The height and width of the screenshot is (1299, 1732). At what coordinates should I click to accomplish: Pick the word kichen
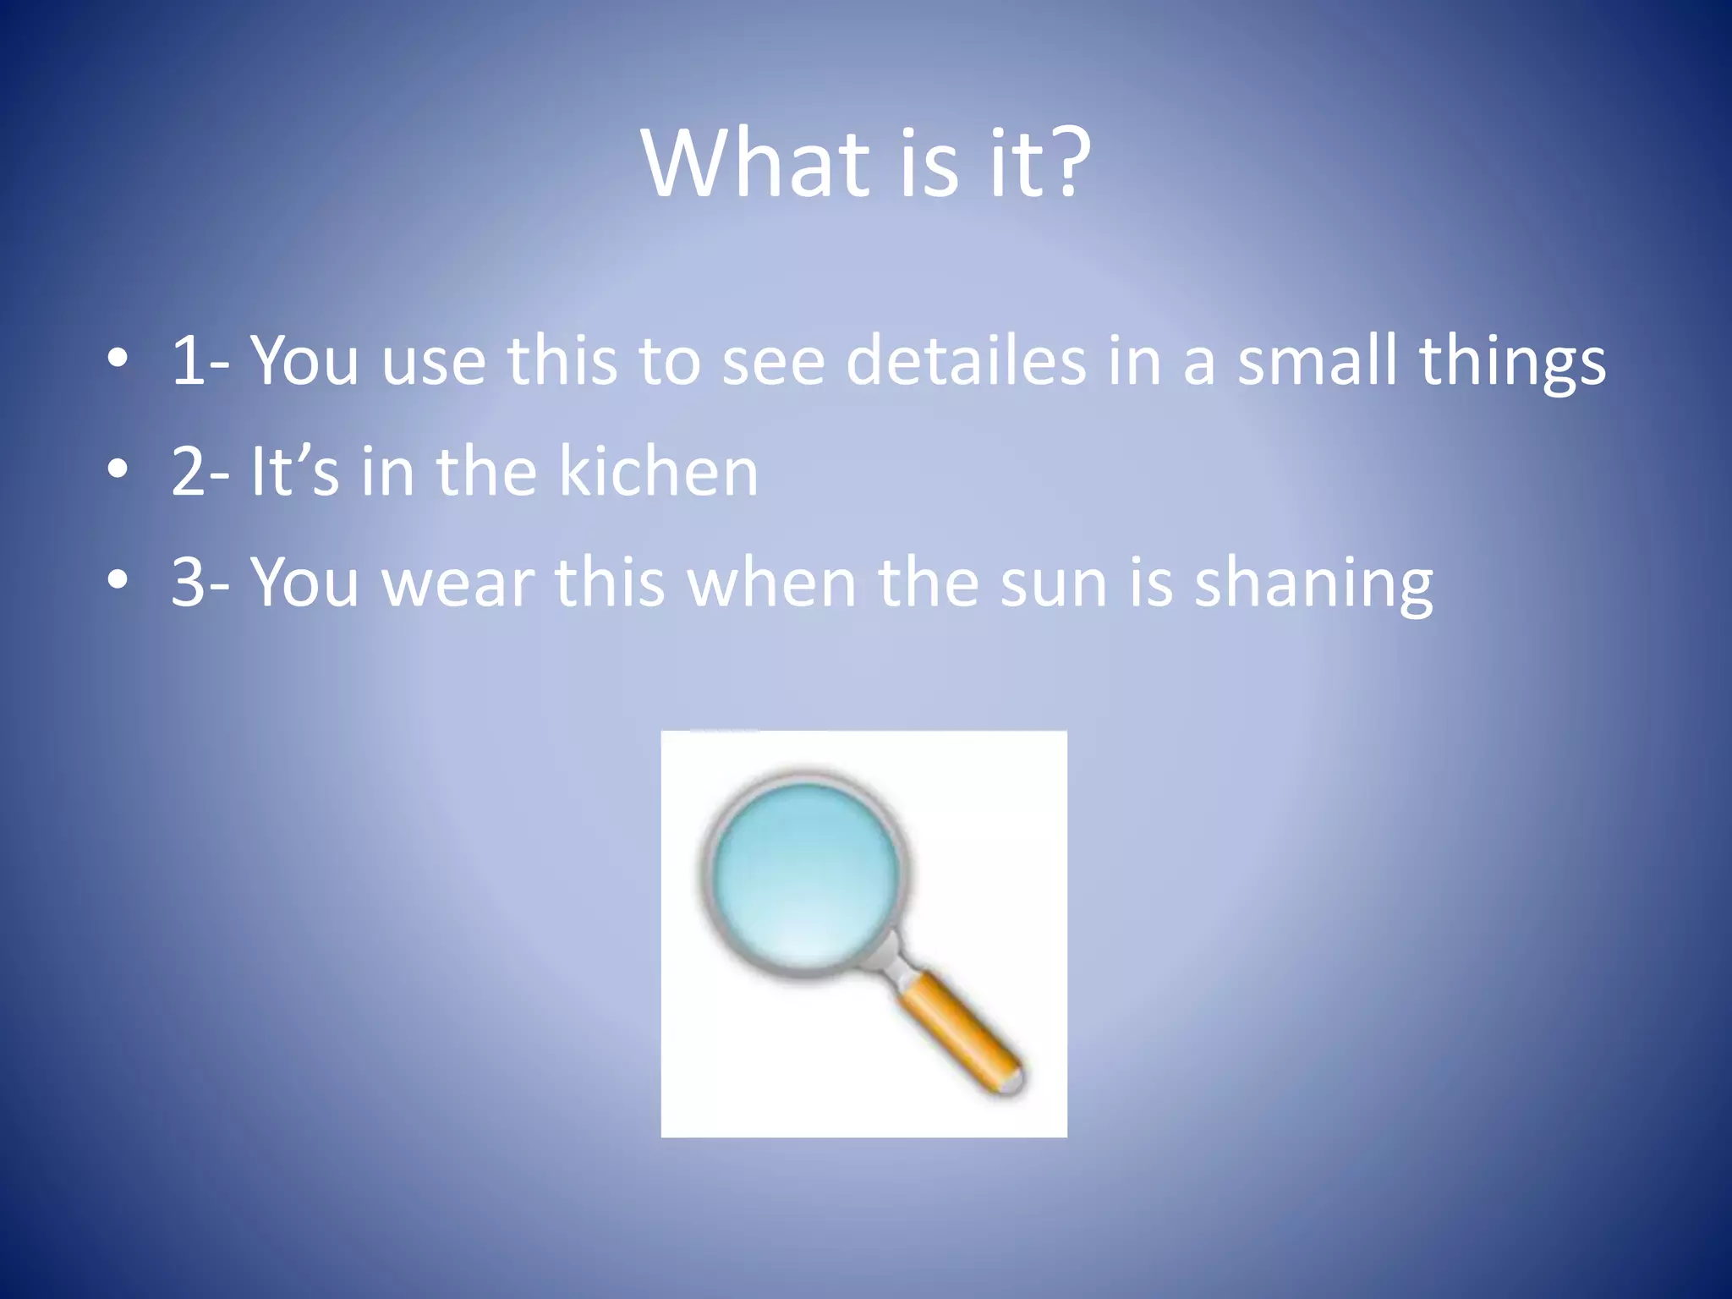(x=658, y=471)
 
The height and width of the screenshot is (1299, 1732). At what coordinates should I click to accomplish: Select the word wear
(x=458, y=584)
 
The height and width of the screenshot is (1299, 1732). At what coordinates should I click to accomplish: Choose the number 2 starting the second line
(x=188, y=472)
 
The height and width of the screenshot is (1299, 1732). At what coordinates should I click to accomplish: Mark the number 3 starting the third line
(x=188, y=584)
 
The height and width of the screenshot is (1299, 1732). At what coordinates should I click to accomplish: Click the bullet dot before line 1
(x=118, y=359)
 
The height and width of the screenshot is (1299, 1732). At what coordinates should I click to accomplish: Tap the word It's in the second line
(x=294, y=471)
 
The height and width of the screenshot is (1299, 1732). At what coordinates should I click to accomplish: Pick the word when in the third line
(x=772, y=584)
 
